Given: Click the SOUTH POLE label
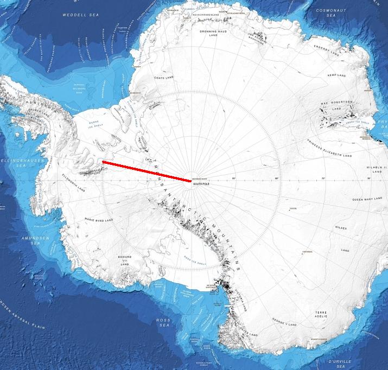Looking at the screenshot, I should click(201, 184).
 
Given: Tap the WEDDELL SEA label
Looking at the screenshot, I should click(77, 15).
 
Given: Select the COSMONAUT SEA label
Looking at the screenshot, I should click(332, 13).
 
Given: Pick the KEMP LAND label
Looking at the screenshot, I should click(336, 75).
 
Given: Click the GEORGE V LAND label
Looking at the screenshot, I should click(284, 325).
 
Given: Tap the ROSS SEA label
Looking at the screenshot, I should click(163, 323).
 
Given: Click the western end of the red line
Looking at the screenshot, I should click(103, 162).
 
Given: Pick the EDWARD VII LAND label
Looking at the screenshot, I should click(125, 260).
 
